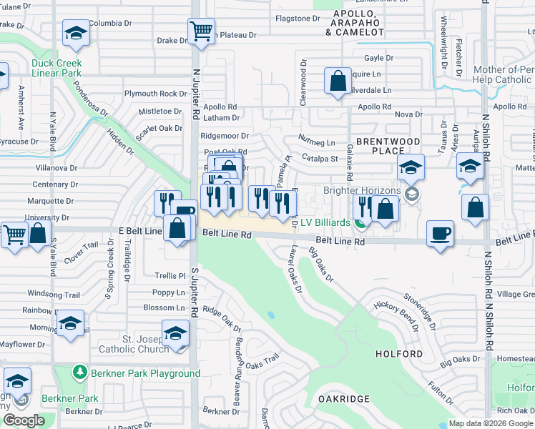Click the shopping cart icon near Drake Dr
click(201, 31)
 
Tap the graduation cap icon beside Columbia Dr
click(75, 34)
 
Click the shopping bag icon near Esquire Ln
click(337, 80)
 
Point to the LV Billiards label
click(325, 223)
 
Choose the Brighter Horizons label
click(362, 191)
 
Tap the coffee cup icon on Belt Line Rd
click(440, 233)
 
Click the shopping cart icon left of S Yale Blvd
click(14, 235)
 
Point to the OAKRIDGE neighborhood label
click(343, 398)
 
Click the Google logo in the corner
click(24, 420)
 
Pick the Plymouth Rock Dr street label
click(155, 94)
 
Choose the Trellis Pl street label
click(170, 275)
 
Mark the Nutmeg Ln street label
click(318, 143)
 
